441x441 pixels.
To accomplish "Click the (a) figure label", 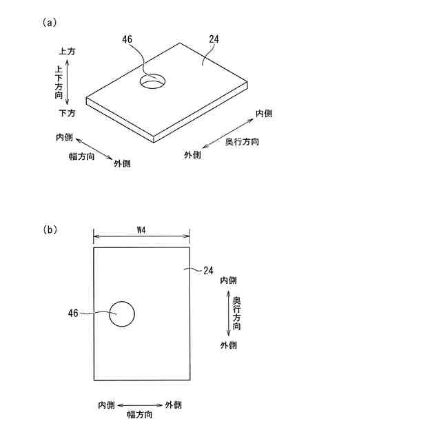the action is (49, 22).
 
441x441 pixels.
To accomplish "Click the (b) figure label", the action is (49, 230).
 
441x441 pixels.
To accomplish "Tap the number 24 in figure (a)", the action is (214, 40).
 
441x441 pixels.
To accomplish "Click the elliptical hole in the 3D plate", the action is (153, 82).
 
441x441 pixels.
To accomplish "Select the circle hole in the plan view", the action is (122, 314).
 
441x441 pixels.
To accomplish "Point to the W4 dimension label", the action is (141, 230).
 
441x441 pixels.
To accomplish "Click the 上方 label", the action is (67, 52).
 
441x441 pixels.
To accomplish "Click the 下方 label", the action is (67, 112).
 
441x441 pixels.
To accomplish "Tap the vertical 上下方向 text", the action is (58, 82).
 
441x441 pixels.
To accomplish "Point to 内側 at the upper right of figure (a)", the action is (264, 114).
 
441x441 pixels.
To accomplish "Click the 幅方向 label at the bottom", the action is (139, 415).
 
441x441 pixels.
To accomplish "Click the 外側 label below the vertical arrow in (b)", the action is (229, 345).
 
